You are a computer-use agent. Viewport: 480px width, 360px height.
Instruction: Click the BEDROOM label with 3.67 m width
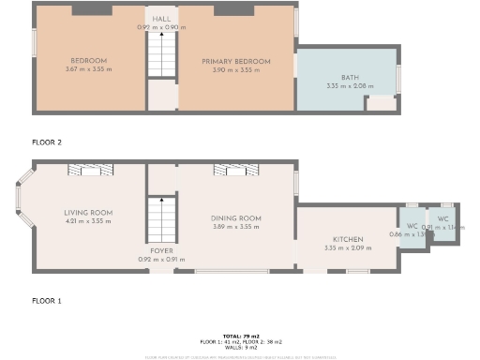coord(89,61)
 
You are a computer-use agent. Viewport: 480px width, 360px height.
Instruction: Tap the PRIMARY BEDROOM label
coord(236,61)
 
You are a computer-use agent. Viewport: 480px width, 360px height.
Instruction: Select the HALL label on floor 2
coord(162,19)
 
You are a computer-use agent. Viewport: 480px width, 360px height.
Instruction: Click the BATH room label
coord(350,77)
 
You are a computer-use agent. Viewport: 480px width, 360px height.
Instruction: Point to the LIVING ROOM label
coord(89,213)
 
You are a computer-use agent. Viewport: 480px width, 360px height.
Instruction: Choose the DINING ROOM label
coord(236,217)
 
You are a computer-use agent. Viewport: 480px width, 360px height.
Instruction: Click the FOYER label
coord(162,251)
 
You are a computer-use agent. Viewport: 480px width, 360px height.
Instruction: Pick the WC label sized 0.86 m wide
coord(411,226)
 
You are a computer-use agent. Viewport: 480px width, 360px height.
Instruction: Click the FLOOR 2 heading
coord(47,142)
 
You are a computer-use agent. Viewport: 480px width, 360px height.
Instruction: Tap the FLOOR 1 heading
coord(47,301)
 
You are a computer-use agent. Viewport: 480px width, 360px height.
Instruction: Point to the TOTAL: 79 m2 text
coord(240,335)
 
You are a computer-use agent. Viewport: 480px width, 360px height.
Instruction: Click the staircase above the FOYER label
coord(162,221)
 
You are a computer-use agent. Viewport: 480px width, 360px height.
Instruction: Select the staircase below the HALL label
coord(162,54)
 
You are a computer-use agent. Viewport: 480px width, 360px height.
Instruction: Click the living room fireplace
coord(89,170)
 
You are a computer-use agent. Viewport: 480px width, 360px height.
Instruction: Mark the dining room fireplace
coord(236,170)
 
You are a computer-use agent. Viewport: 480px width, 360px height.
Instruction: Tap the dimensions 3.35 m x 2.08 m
coord(350,85)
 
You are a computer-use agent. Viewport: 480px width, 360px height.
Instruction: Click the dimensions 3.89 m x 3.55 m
coord(236,227)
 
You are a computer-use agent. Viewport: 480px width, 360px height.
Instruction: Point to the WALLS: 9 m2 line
coord(240,347)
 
